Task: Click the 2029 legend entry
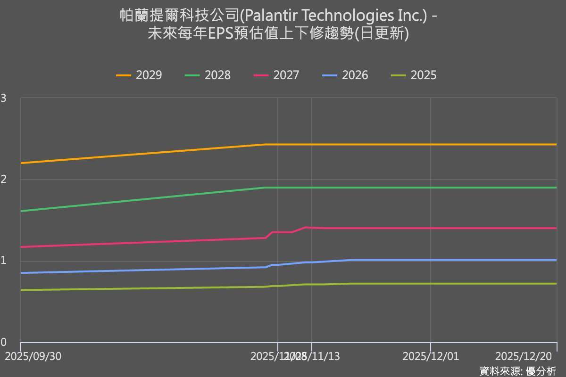(x=139, y=75)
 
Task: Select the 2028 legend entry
(x=208, y=75)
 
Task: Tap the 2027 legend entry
(x=277, y=75)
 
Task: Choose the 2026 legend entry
(x=345, y=75)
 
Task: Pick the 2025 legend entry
(x=414, y=75)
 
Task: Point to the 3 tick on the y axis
(x=4, y=98)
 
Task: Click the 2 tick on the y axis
(x=4, y=180)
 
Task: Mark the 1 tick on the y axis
(x=4, y=262)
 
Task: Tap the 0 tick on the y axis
(x=4, y=343)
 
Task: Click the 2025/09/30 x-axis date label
(x=33, y=356)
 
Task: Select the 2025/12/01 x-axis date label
(x=431, y=356)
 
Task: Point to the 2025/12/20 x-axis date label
(x=524, y=356)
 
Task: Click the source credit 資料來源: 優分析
(x=517, y=370)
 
